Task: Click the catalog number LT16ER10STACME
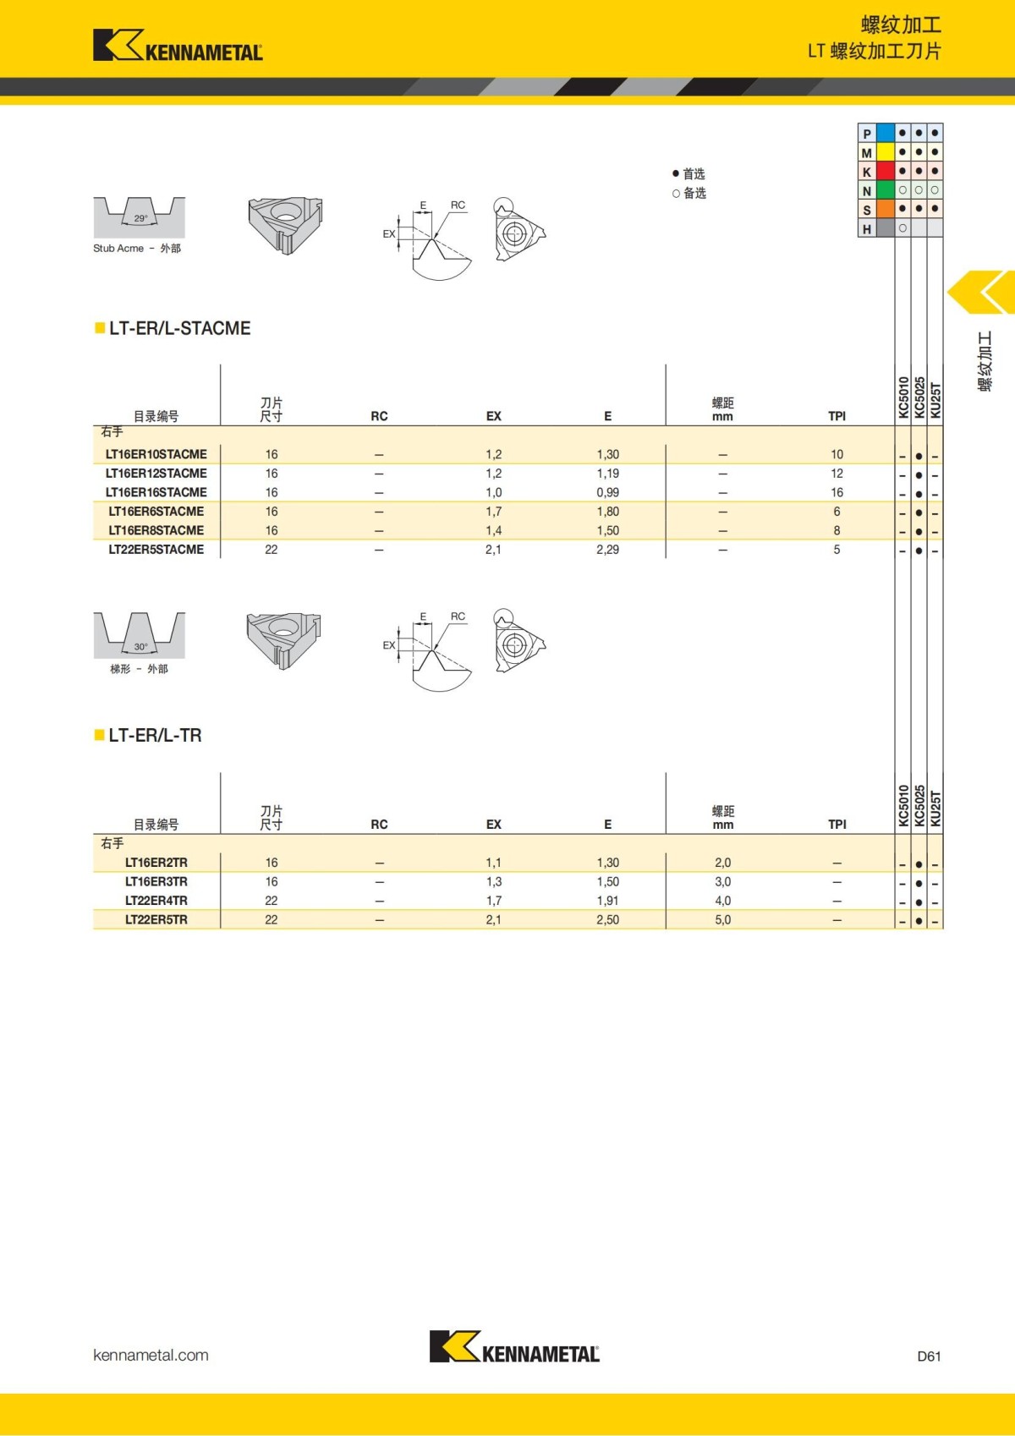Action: pyautogui.click(x=156, y=454)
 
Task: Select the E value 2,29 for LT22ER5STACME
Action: pyautogui.click(x=607, y=550)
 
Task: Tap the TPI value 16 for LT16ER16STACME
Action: pyautogui.click(x=837, y=492)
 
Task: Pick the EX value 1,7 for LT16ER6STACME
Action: pyautogui.click(x=493, y=512)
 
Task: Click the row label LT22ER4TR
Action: pyautogui.click(x=156, y=901)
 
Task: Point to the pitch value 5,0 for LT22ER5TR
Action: pyautogui.click(x=722, y=919)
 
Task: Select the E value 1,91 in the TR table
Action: pyautogui.click(x=607, y=901)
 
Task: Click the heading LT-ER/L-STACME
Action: pyautogui.click(x=179, y=328)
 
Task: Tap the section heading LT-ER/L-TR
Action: pyautogui.click(x=155, y=735)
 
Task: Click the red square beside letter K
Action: pyautogui.click(x=886, y=171)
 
